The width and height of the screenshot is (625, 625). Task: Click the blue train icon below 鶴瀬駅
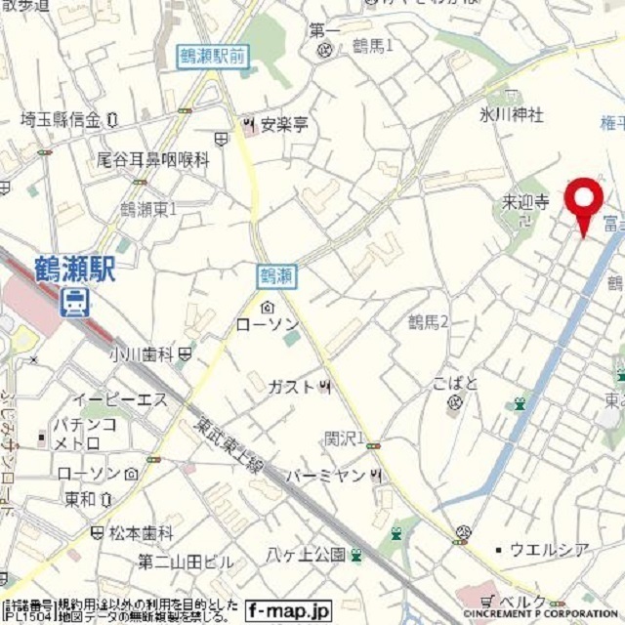(x=73, y=306)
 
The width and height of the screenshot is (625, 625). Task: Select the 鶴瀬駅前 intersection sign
(x=213, y=57)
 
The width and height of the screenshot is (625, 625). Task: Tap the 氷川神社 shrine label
(x=511, y=115)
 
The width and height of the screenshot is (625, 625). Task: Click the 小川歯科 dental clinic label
(x=143, y=354)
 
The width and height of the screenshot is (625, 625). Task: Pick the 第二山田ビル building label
(x=186, y=562)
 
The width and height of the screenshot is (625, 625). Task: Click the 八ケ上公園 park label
(x=306, y=555)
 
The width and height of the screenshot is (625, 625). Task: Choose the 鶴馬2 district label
(x=428, y=321)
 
